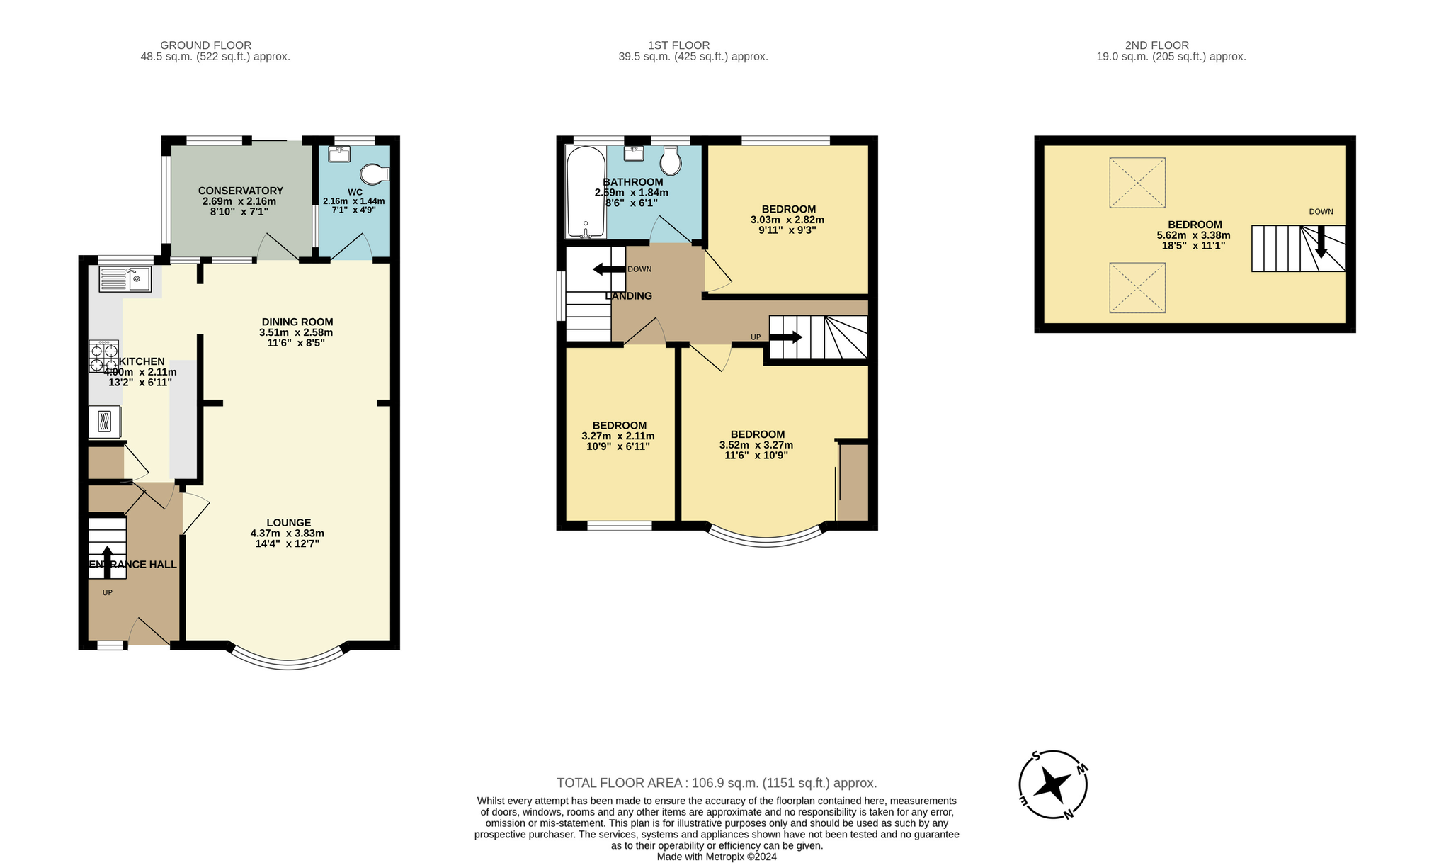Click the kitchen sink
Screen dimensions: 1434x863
pos(125,279)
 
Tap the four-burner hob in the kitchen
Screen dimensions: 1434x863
pos(103,356)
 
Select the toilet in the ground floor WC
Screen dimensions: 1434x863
pos(375,174)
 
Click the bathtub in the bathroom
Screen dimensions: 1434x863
pos(585,192)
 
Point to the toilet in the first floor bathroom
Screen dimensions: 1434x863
pos(671,161)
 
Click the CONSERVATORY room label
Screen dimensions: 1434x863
pos(241,191)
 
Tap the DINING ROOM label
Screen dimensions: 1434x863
pos(297,322)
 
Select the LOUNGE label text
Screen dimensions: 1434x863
pos(289,523)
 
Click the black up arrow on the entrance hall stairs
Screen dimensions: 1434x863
pos(107,563)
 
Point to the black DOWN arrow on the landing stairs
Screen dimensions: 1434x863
pos(609,269)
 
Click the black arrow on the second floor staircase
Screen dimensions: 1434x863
pos(1321,242)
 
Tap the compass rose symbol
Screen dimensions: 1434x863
pos(1053,785)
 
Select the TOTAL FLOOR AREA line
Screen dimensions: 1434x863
pos(717,783)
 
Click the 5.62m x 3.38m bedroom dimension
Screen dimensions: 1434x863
pos(1194,235)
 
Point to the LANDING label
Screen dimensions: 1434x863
pos(629,295)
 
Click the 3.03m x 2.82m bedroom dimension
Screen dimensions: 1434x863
pos(787,220)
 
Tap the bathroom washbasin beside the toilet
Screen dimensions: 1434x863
pos(634,153)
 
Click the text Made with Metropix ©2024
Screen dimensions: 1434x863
pos(717,857)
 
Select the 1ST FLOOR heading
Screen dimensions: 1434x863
pos(678,45)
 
